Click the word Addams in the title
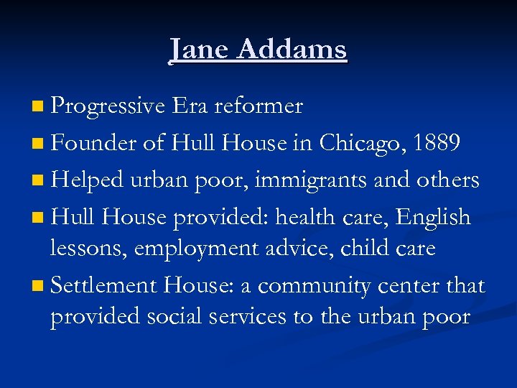tap(292, 50)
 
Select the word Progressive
tap(108, 107)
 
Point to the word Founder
tap(94, 143)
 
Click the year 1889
tap(438, 143)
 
